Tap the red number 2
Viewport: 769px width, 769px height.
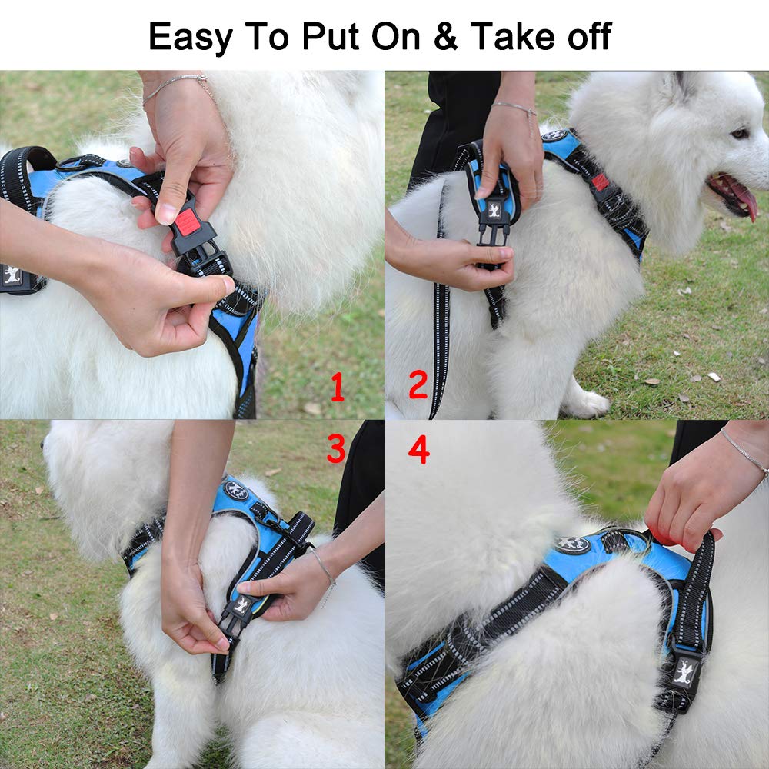418,384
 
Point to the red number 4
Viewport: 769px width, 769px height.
418,450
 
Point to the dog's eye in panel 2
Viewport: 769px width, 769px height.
740,134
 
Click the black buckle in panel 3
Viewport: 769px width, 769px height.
237,615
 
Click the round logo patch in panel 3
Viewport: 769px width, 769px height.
235,491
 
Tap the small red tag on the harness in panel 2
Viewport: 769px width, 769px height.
600,182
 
